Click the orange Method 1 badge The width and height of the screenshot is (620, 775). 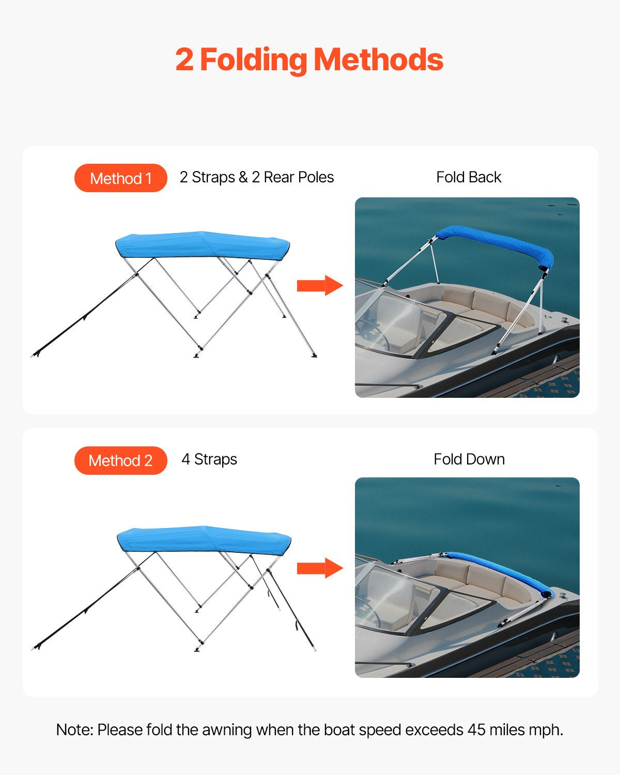[x=120, y=178]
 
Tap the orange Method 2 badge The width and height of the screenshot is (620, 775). [x=120, y=460]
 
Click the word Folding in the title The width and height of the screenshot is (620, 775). [x=253, y=60]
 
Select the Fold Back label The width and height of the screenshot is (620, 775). [x=469, y=177]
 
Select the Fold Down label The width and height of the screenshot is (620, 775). [x=469, y=459]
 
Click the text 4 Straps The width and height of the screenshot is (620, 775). [x=209, y=459]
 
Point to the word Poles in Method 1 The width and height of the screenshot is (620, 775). [x=315, y=177]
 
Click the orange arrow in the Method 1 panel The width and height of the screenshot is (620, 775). [x=319, y=285]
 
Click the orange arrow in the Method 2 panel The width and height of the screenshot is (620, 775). [x=319, y=568]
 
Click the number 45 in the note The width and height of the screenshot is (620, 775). [x=476, y=730]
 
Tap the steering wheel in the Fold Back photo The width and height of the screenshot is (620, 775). [x=373, y=333]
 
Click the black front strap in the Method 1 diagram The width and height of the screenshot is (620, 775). [x=85, y=315]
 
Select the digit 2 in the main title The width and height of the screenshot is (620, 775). [x=184, y=60]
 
